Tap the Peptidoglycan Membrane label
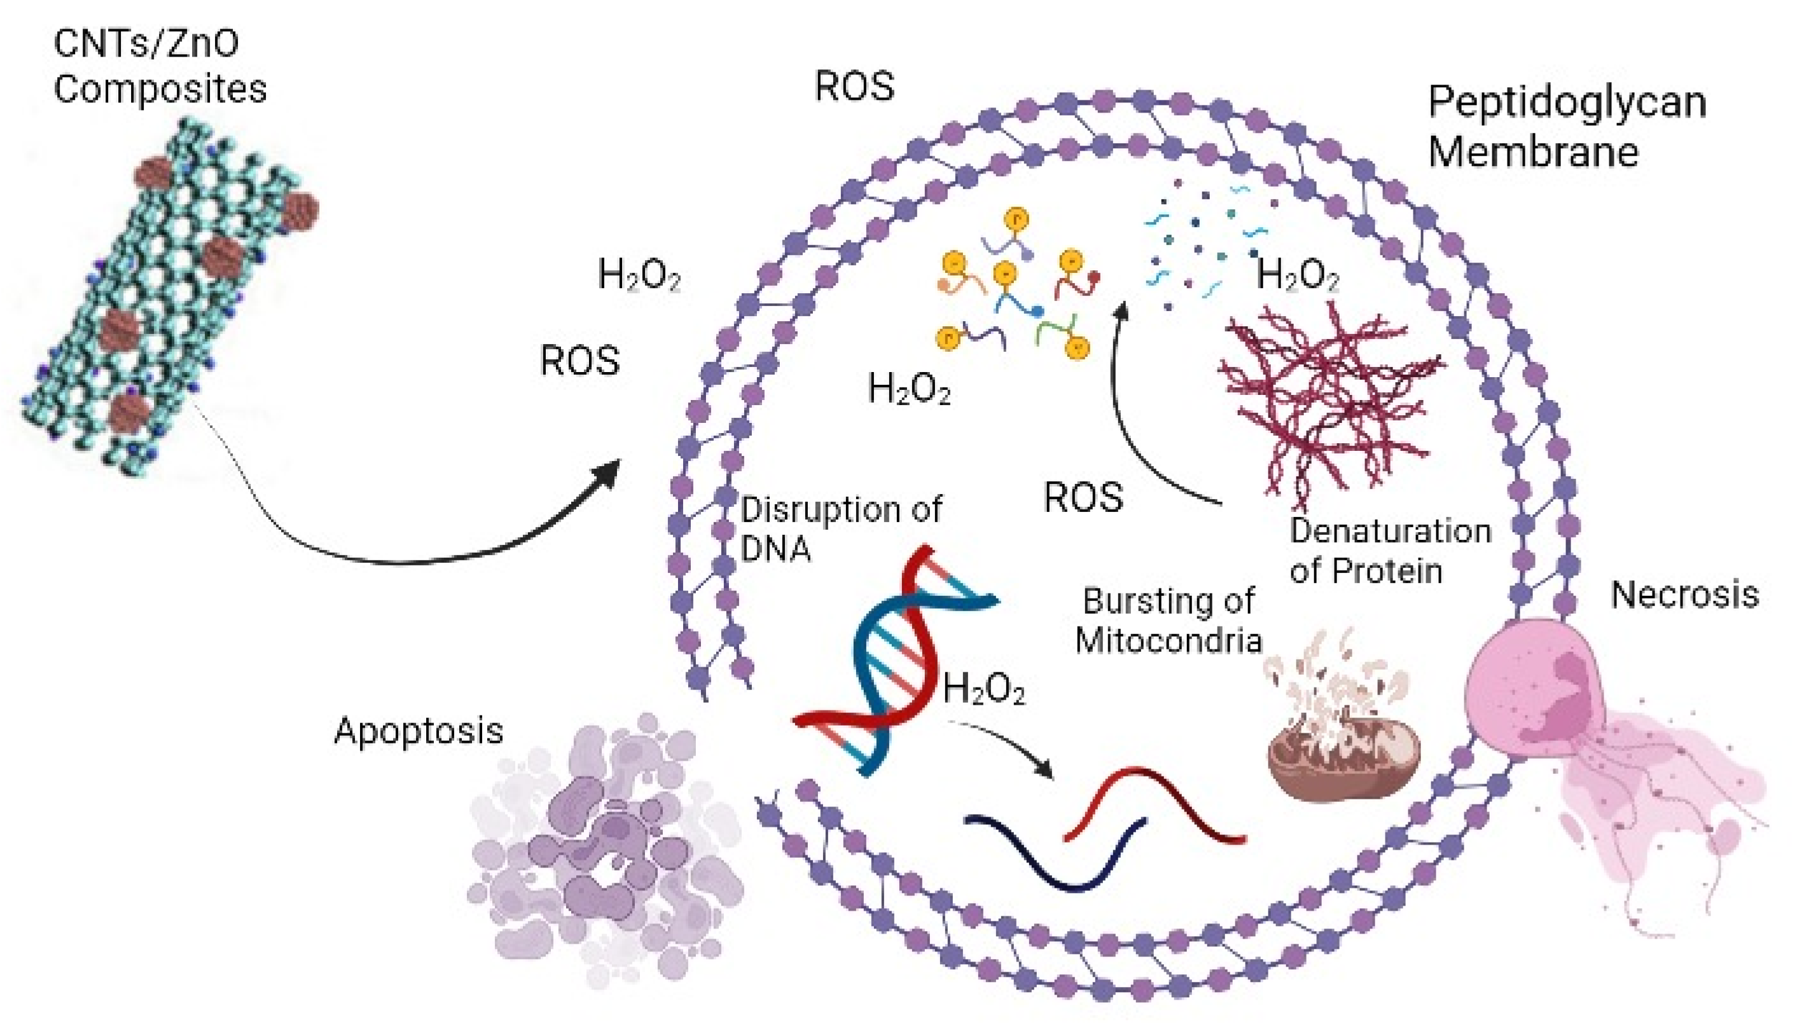(1566, 127)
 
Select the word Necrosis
(1684, 595)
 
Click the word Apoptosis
(419, 731)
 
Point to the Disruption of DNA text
(840, 528)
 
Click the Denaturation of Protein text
(1389, 551)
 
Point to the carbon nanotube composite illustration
(170, 297)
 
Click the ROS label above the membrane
(854, 86)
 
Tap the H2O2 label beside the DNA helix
(983, 688)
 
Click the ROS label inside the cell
(1083, 497)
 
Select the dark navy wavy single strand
(1053, 852)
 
